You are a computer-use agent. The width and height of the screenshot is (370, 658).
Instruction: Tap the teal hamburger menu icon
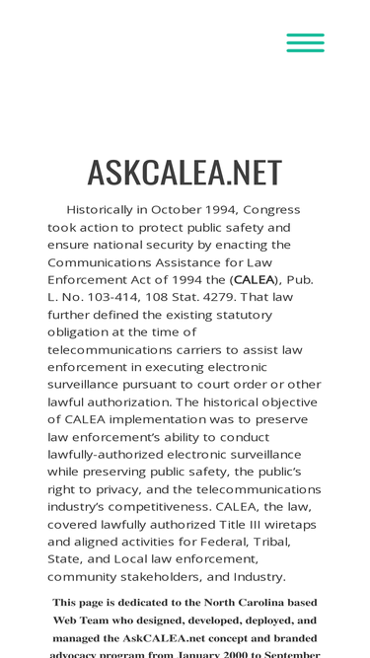[x=305, y=42]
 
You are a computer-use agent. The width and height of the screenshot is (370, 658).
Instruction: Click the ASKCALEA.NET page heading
[x=185, y=172]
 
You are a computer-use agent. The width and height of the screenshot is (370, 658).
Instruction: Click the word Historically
[x=106, y=210]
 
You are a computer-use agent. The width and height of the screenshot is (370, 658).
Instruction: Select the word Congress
[x=271, y=210]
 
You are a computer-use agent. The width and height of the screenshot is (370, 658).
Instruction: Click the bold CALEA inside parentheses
[x=254, y=280]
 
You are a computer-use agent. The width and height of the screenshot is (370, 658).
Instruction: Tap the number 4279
[x=246, y=297]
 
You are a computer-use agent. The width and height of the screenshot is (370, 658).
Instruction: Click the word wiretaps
[x=289, y=525]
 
